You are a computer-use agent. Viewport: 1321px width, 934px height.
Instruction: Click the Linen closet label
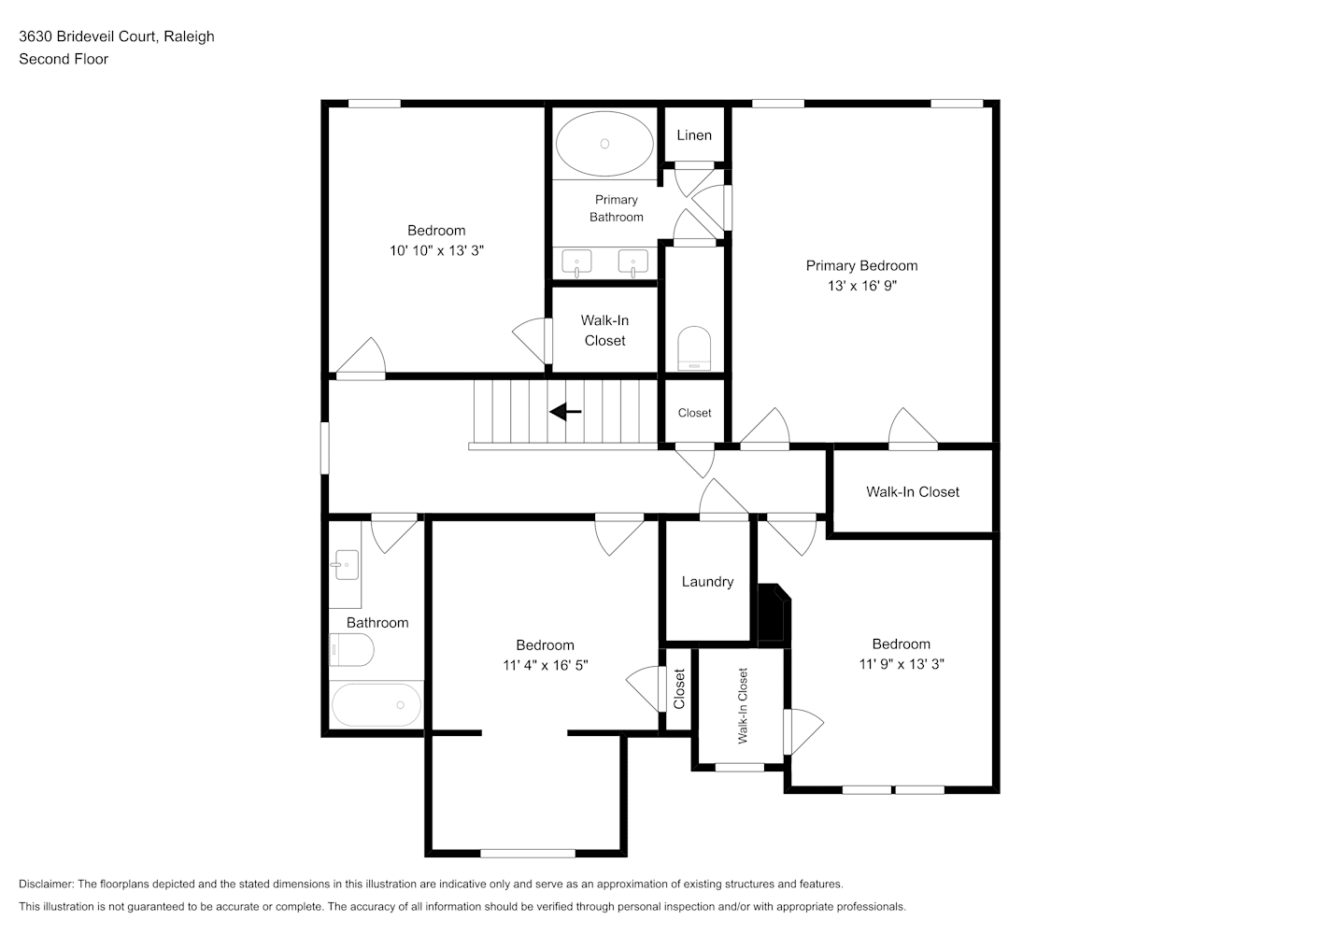click(x=694, y=135)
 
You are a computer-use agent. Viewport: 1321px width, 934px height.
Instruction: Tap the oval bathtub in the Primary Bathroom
click(x=604, y=143)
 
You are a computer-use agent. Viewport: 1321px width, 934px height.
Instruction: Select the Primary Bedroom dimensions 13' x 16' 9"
click(x=861, y=286)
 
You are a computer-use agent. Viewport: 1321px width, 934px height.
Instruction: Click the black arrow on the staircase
click(x=565, y=412)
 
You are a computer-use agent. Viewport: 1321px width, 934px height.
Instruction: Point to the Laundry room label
click(x=708, y=581)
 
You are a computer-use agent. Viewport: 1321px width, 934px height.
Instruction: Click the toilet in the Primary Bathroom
click(x=694, y=348)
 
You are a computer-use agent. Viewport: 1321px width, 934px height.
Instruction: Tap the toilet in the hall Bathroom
click(x=351, y=650)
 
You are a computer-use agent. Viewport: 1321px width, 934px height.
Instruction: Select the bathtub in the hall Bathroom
click(x=376, y=705)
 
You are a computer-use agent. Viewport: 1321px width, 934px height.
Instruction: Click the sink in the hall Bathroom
click(x=347, y=565)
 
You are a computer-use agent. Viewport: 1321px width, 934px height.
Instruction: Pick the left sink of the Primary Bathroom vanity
click(x=576, y=263)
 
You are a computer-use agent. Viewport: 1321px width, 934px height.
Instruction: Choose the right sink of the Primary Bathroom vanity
click(x=632, y=263)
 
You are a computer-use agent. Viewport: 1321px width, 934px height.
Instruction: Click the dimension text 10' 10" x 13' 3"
click(x=436, y=250)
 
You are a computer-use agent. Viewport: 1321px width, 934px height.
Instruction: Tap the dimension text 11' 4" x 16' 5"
click(x=545, y=665)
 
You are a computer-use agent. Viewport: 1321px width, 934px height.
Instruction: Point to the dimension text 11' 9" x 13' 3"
click(x=902, y=664)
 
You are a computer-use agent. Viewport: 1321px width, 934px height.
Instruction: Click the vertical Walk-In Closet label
click(x=743, y=706)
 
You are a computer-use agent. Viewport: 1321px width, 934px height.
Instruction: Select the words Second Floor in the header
click(x=64, y=59)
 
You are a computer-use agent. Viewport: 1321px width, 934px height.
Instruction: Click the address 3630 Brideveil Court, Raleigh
click(x=117, y=36)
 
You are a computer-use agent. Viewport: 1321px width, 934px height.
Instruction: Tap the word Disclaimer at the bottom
click(x=47, y=884)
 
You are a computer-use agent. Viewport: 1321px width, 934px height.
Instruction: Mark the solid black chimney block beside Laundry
click(x=774, y=613)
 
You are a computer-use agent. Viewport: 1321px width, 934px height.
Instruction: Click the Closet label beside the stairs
click(x=694, y=413)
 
